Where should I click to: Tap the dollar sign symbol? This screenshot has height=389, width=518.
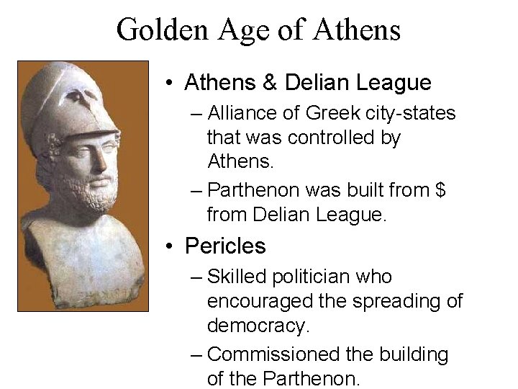tap(440, 190)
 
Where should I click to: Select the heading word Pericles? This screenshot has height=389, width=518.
tap(225, 246)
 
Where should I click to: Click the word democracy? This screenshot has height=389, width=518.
tap(258, 326)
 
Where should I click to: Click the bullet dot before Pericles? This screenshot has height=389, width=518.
tap(168, 247)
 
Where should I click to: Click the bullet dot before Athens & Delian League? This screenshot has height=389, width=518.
tap(168, 84)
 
